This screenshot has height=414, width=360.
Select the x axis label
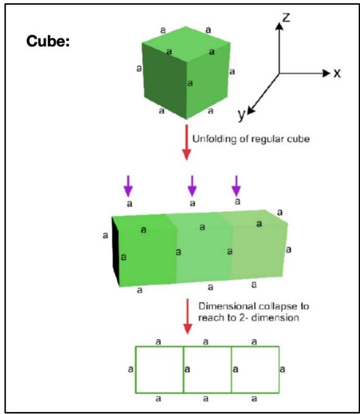[x=337, y=73]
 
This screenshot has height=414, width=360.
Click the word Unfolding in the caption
[x=211, y=139]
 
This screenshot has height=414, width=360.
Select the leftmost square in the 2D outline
[x=159, y=369]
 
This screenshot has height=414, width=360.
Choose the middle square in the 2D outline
[x=207, y=369]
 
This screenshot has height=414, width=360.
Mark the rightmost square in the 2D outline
[x=255, y=369]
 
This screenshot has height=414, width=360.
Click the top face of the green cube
[x=186, y=41]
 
